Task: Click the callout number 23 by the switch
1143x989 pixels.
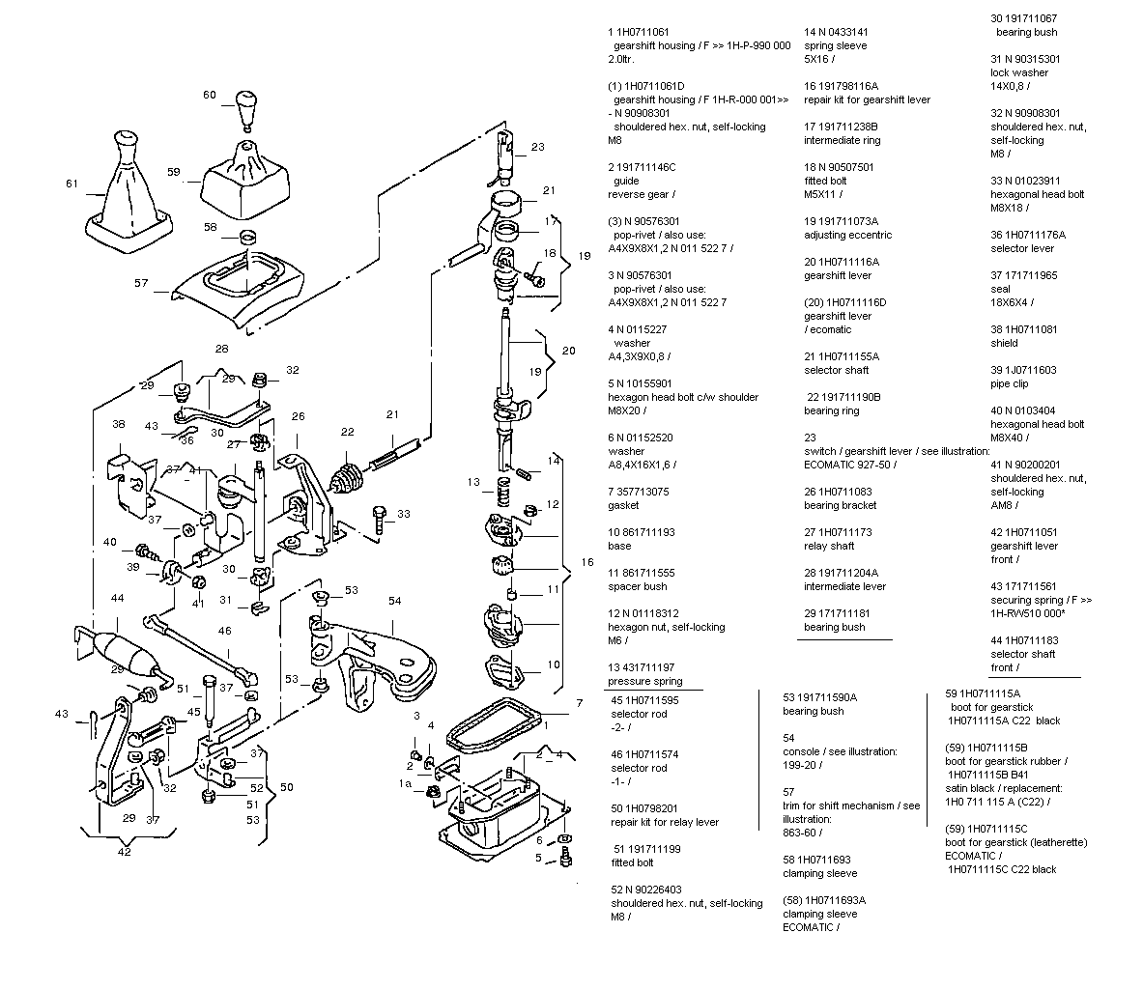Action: click(538, 148)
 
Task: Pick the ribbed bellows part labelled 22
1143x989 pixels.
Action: click(346, 478)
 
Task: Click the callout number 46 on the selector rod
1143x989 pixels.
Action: click(224, 631)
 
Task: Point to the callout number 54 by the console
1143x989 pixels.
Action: click(394, 601)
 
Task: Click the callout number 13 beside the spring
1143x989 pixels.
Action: click(473, 481)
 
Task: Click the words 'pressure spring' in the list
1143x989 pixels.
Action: click(644, 681)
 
